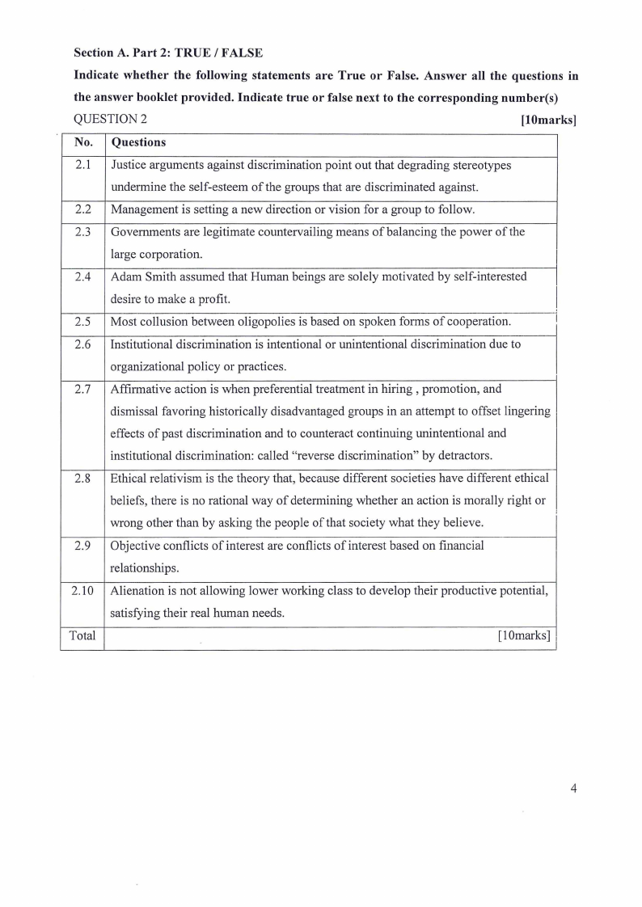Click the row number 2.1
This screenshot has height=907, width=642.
(x=82, y=165)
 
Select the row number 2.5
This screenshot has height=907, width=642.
(x=82, y=322)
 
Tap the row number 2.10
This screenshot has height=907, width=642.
(x=82, y=591)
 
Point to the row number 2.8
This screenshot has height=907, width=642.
(x=82, y=478)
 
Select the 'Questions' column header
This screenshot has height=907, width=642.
(x=138, y=142)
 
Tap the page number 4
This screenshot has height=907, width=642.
(x=573, y=790)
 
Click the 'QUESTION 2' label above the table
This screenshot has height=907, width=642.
(x=111, y=120)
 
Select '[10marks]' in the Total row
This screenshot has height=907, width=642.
(x=525, y=635)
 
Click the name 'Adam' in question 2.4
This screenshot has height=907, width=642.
(x=127, y=276)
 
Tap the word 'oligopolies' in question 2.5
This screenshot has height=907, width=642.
(x=262, y=322)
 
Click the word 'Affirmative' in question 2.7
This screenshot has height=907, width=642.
(x=142, y=389)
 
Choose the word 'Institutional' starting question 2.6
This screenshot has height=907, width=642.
(x=145, y=344)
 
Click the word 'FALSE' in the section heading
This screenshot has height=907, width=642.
(x=241, y=53)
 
